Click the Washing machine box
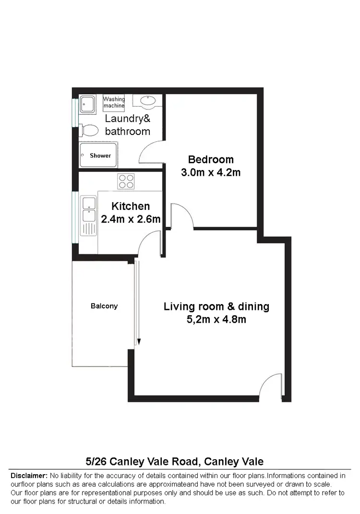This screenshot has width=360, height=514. [x=114, y=102]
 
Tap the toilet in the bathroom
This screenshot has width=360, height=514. [x=88, y=130]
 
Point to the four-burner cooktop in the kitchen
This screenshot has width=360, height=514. [x=126, y=181]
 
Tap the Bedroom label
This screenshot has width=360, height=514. [x=211, y=159]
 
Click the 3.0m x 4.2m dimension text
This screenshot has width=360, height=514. [x=211, y=172]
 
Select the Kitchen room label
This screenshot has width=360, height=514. [x=131, y=206]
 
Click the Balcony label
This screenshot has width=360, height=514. [x=104, y=306]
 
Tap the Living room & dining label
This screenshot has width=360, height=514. [x=216, y=306]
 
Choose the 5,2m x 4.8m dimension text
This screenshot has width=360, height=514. [x=216, y=319]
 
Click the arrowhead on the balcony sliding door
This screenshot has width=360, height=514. [x=139, y=342]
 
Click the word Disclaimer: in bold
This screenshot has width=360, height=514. [x=28, y=476]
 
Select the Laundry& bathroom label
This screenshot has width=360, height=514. [x=127, y=125]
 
